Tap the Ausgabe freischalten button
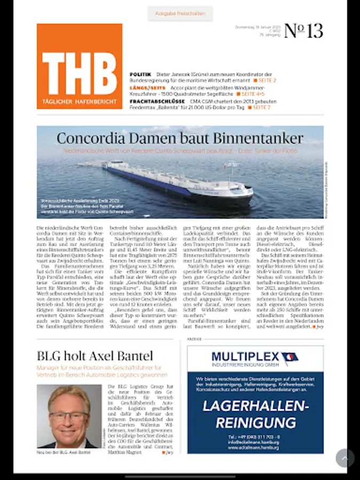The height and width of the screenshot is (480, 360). pyautogui.click(x=180, y=13)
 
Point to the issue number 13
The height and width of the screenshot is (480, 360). pyautogui.click(x=304, y=31)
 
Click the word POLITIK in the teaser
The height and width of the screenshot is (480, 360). pyautogui.click(x=140, y=74)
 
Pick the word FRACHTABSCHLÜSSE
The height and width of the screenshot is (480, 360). pyautogui.click(x=157, y=101)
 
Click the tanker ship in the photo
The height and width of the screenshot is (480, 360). pyautogui.click(x=176, y=181)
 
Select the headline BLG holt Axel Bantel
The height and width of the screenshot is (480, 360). pyautogui.click(x=94, y=356)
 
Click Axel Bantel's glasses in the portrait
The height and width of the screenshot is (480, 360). pyautogui.click(x=69, y=415)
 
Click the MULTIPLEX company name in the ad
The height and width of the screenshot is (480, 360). pyautogui.click(x=245, y=356)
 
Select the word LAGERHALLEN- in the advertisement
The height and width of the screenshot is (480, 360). pyautogui.click(x=255, y=406)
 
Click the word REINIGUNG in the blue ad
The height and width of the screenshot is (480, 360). pyautogui.click(x=255, y=423)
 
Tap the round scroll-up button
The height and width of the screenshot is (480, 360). pyautogui.click(x=345, y=458)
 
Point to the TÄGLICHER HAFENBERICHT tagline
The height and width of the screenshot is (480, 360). pyautogui.click(x=79, y=101)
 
